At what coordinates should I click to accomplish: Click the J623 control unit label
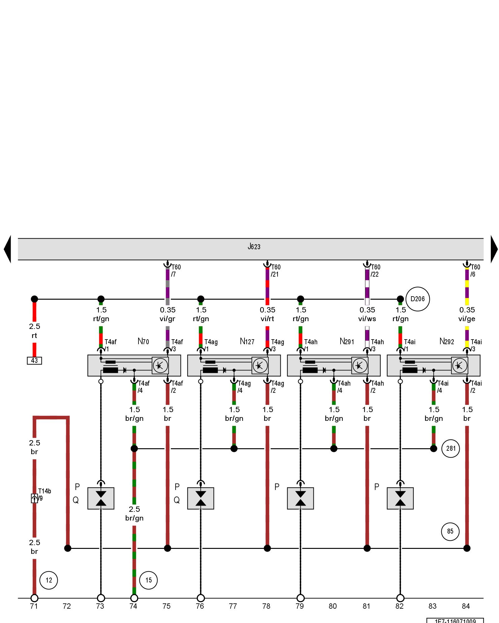pos(254,247)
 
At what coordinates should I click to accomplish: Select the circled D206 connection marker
pos(418,299)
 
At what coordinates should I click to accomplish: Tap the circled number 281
pos(451,448)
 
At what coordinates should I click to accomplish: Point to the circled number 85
pos(450,531)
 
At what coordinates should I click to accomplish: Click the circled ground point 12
pos(49,580)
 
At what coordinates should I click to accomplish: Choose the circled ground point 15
pos(148,580)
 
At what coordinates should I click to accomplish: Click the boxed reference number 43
pos(34,360)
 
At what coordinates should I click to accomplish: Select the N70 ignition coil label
pos(143,341)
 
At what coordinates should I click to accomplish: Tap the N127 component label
pos(247,341)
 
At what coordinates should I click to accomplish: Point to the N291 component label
pos(347,341)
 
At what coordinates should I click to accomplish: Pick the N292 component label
pos(447,341)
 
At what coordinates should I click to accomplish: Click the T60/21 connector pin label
pos(275,271)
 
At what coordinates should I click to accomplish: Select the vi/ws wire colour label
pos(367,319)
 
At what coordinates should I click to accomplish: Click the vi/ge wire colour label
pos(467,319)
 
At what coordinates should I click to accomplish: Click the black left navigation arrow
pos(7,249)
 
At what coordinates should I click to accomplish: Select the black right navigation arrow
pos(494,249)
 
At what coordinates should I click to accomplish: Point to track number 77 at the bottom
pos(233,606)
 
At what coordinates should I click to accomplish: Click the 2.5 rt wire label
pos(34,331)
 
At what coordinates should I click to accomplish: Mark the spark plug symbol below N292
pos(400,498)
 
